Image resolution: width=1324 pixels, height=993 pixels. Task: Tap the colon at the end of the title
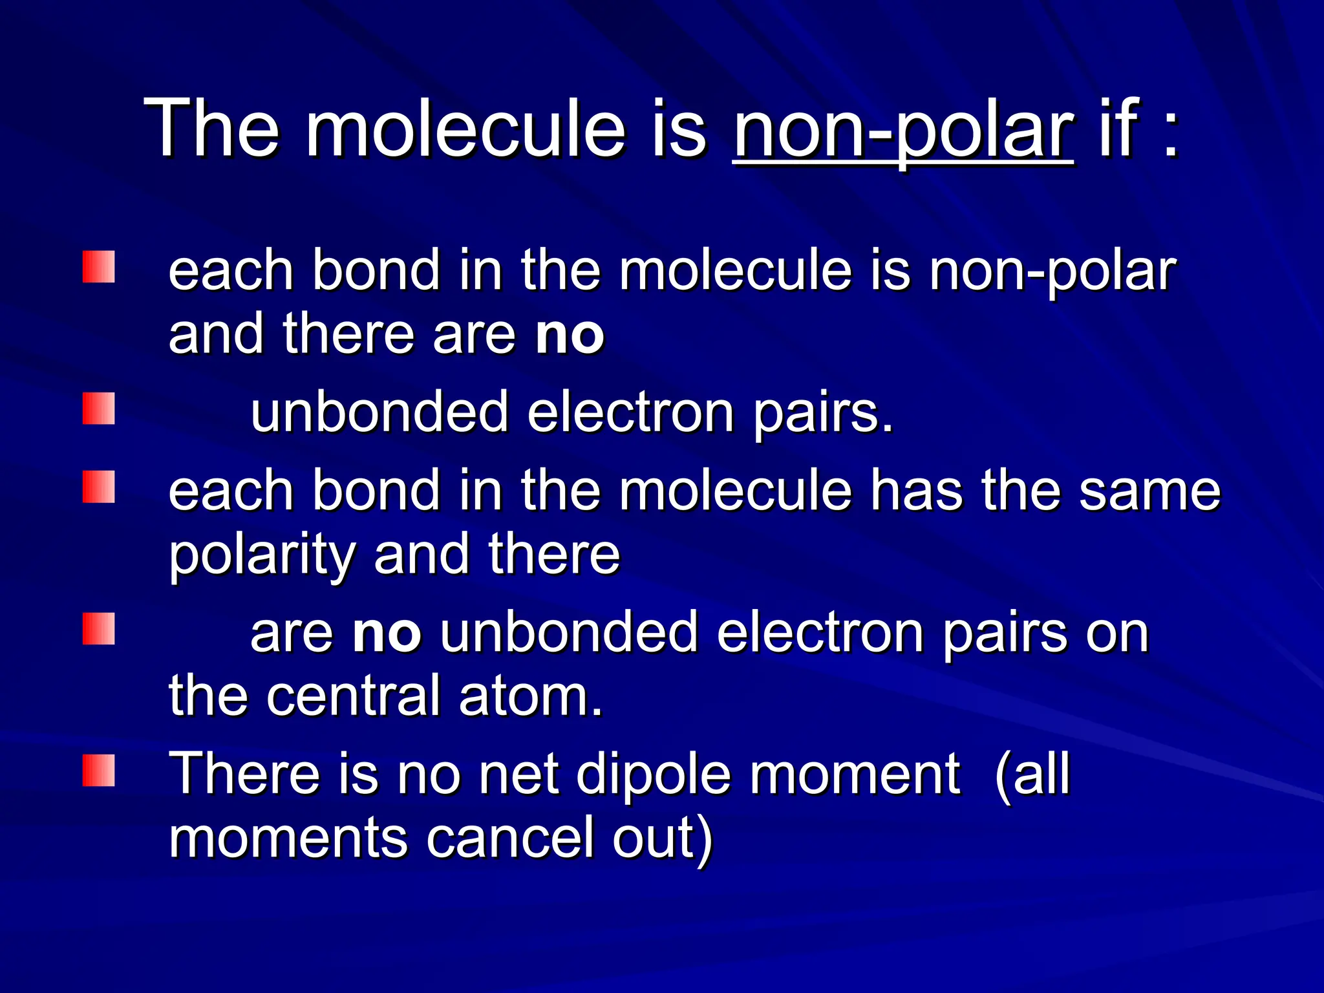pos(1171,133)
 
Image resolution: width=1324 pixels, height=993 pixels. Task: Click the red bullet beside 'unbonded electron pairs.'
pos(98,409)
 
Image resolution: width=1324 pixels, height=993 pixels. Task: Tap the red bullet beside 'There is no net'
pos(98,770)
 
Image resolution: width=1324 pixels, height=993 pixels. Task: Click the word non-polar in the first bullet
pos(1052,272)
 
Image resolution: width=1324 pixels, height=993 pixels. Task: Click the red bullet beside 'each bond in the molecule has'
pos(98,487)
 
